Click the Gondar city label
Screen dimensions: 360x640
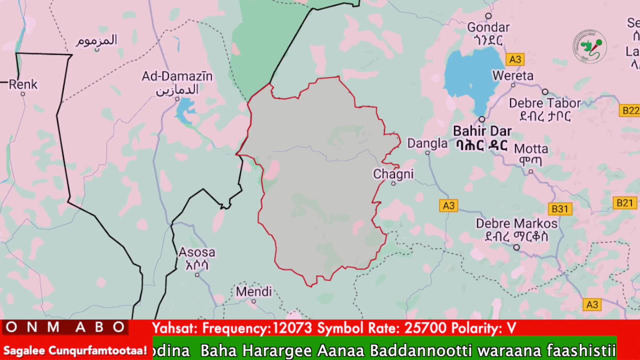488,27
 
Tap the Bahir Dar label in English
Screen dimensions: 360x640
482,131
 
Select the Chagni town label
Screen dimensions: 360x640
393,174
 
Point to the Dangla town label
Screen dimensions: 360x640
427,144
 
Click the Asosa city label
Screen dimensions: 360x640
197,252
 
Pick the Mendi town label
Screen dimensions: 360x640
253,291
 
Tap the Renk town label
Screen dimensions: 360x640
23,84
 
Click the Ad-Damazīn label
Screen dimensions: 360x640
177,76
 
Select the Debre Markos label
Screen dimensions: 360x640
516,223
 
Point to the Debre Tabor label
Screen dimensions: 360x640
544,103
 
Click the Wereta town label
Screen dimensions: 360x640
512,76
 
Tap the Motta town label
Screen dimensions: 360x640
531,149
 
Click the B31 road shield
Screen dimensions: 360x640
559,209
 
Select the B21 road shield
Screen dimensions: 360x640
624,202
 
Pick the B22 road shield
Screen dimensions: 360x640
629,110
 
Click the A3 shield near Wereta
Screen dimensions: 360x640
514,60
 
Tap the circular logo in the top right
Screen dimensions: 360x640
589,47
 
